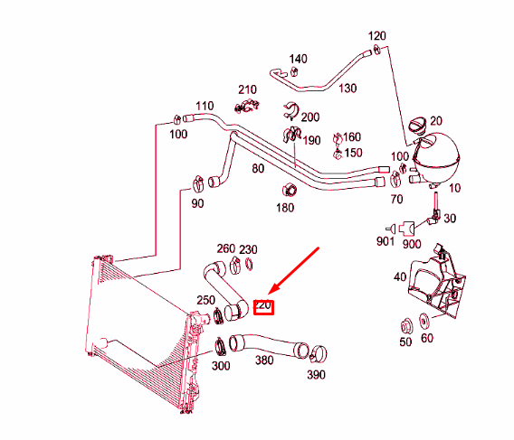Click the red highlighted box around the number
tap(264, 306)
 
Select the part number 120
tap(377, 36)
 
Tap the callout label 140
tap(298, 59)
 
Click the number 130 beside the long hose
tap(347, 88)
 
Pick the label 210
tap(247, 89)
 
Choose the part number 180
tap(285, 208)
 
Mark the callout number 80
tap(258, 168)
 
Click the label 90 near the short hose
tap(197, 203)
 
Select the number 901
tap(385, 241)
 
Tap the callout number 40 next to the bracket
tap(400, 277)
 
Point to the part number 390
tap(316, 374)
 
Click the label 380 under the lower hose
tap(264, 359)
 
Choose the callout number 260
tap(225, 248)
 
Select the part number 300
tap(220, 366)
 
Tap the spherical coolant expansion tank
tap(438, 154)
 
